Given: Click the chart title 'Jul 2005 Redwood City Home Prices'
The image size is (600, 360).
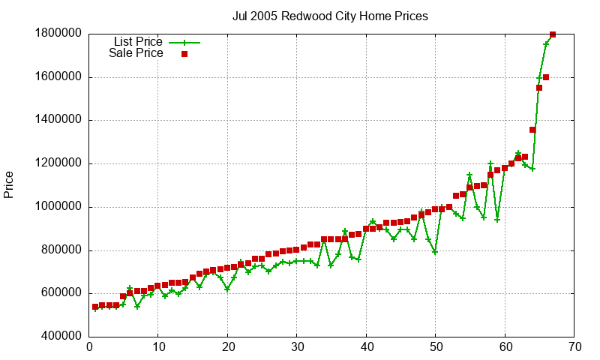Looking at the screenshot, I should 331,16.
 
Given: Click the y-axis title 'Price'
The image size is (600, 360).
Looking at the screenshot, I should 9,184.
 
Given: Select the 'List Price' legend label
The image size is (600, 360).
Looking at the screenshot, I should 138,41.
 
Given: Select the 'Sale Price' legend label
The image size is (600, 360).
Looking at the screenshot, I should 136,53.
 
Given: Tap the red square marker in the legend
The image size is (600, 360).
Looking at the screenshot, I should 184,54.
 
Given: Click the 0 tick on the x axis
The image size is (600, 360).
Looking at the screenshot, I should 89,347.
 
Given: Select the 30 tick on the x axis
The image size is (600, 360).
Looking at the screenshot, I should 297,347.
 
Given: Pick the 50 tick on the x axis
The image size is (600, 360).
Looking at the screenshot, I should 435,347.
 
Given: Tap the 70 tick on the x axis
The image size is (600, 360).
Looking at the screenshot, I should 574,347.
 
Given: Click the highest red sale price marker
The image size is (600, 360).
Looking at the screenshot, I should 553,34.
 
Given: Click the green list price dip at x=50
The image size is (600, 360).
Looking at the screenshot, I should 435,252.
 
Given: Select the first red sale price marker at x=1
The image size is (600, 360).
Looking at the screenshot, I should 95,307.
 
